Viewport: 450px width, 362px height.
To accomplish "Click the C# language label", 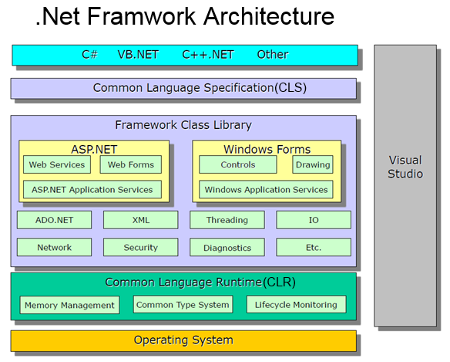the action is point(89,54).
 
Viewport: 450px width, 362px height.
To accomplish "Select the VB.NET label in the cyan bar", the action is point(138,54).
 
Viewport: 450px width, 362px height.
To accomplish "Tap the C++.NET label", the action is point(208,54).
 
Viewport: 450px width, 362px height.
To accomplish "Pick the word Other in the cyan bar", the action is point(273,54).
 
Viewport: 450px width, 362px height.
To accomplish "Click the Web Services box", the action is point(57,164).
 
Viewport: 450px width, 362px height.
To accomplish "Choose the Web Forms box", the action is point(131,164).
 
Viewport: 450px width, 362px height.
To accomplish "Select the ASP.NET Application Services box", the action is point(92,189).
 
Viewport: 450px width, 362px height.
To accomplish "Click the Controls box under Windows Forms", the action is point(238,164).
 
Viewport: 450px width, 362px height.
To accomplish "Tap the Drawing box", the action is point(313,164).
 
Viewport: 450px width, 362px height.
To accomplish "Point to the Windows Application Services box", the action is point(266,189).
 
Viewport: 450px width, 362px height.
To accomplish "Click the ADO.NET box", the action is point(54,220).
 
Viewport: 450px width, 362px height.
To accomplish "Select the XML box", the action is point(140,220).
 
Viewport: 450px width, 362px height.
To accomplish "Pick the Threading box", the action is point(227,220).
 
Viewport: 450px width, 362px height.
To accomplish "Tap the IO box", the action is point(314,220).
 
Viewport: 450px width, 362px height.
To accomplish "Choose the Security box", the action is point(140,247).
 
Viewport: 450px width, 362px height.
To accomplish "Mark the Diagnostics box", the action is point(227,247).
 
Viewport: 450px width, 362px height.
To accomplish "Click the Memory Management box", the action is point(70,305).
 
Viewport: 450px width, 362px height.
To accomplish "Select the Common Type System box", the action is point(183,304).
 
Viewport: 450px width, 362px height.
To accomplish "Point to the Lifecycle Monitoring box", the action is point(297,304).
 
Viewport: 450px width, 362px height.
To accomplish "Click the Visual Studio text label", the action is point(405,167).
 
